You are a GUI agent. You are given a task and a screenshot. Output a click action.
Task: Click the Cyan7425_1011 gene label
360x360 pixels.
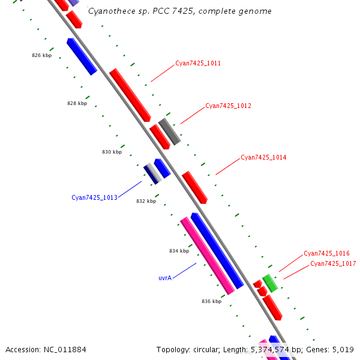point(198,63)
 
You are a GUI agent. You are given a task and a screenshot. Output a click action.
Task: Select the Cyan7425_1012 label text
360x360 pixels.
point(228,106)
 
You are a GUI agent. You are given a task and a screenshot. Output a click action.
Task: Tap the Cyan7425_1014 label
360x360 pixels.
point(263,157)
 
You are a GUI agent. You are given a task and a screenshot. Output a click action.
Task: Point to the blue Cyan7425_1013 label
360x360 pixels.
point(94,197)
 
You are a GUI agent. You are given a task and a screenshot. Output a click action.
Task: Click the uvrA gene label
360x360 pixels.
point(165,278)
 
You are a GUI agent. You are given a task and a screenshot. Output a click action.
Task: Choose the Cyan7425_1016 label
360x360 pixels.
point(326,253)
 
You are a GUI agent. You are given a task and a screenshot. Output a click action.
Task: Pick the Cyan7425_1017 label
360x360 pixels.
point(333,263)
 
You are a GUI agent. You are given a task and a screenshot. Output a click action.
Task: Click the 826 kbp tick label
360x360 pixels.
point(41,55)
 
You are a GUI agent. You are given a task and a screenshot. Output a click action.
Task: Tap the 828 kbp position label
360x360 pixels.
point(77,103)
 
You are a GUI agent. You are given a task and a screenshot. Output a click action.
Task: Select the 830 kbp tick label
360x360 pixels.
point(112,152)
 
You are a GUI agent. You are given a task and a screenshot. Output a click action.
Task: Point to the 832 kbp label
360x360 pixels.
point(146,201)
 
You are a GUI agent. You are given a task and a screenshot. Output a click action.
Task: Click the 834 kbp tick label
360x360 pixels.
point(179,251)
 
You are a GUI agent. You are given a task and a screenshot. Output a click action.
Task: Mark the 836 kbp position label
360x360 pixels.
point(211,301)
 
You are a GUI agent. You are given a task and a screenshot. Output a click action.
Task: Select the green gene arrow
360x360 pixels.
point(270,283)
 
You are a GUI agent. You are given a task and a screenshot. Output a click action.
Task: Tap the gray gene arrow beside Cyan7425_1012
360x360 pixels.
point(169,131)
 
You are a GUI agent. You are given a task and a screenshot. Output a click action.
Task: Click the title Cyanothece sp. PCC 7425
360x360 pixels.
point(179,11)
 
